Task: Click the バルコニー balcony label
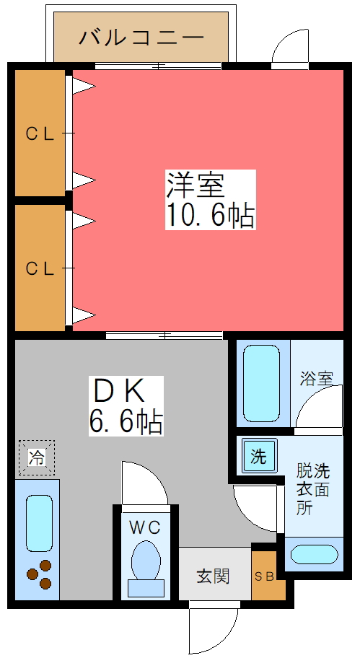click(142, 35)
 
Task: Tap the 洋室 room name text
click(196, 185)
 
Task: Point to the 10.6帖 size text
click(211, 215)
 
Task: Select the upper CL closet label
click(40, 133)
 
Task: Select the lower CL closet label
click(40, 268)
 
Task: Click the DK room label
click(119, 392)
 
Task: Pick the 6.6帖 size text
click(126, 421)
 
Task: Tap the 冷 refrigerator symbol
click(35, 457)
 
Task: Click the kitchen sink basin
click(37, 522)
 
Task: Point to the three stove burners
click(39, 574)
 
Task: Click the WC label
click(145, 527)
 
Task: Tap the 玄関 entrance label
click(213, 576)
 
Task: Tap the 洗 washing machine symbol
click(258, 457)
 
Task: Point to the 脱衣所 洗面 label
click(312, 488)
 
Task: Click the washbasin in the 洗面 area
click(314, 554)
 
